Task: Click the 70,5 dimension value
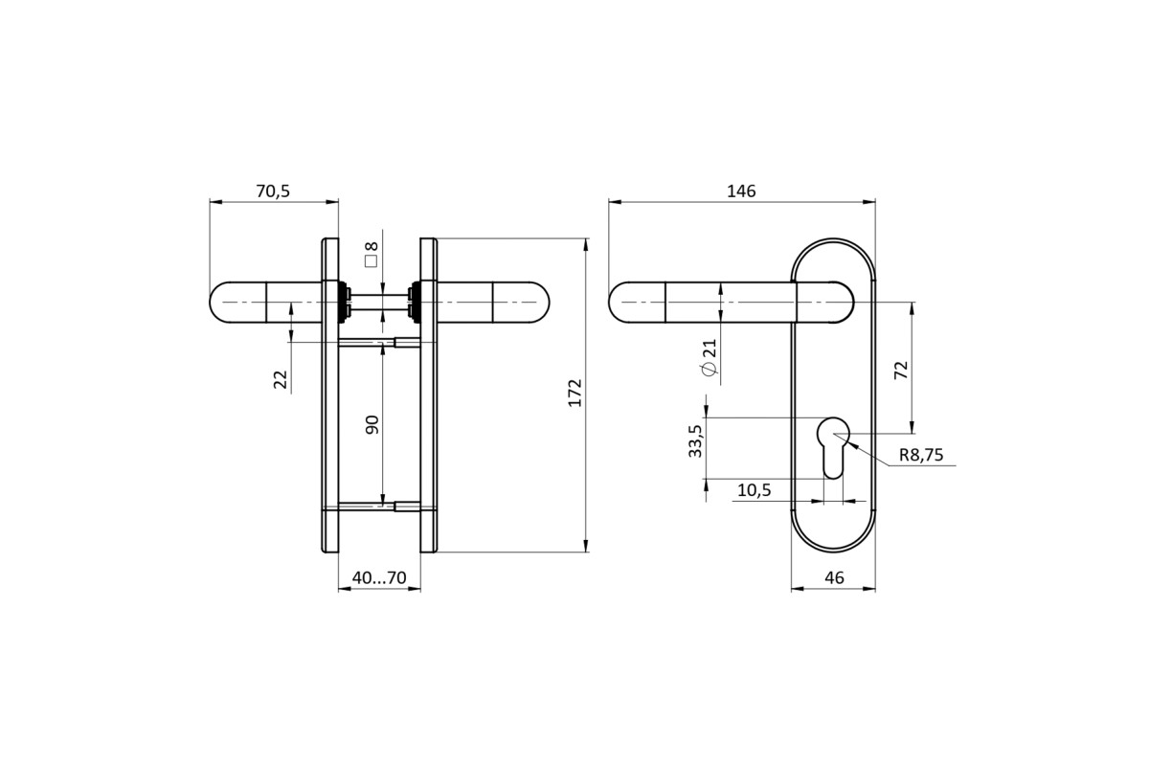point(273,191)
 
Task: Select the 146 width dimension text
point(741,191)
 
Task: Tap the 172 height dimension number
point(575,393)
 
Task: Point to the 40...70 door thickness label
point(379,577)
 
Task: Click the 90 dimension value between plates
point(372,425)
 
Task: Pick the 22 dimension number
point(282,380)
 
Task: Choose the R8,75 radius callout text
point(921,455)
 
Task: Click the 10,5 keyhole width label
point(755,490)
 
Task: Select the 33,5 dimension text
point(695,441)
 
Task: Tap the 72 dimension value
point(901,370)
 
